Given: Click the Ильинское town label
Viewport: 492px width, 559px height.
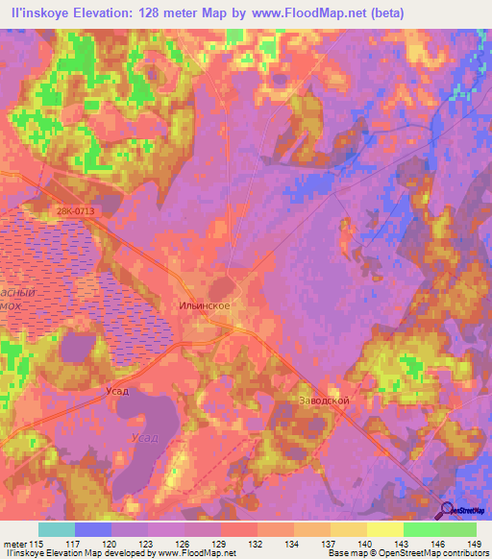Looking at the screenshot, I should tap(203, 305).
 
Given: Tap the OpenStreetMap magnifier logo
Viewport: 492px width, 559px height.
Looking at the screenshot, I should tap(448, 511).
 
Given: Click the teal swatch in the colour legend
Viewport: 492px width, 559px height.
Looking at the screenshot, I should tap(57, 529).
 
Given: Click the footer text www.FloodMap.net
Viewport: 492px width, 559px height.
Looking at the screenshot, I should tap(193, 553).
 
